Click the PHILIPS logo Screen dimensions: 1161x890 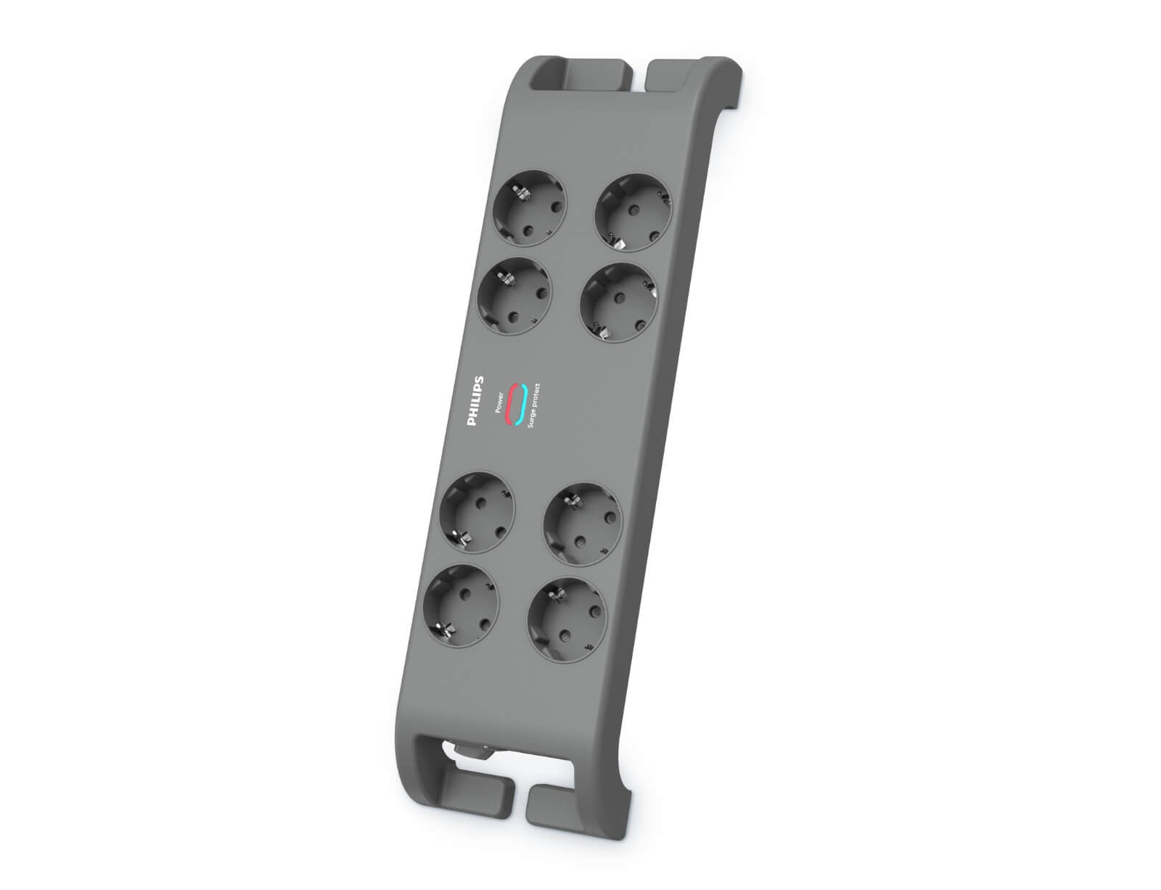[x=475, y=400]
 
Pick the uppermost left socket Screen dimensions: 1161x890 [x=529, y=207]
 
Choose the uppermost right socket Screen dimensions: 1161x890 [x=633, y=212]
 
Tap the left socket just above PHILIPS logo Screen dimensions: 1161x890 [x=513, y=297]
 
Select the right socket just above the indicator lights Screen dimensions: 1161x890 [x=618, y=302]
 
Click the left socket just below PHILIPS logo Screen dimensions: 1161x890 [x=477, y=512]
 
